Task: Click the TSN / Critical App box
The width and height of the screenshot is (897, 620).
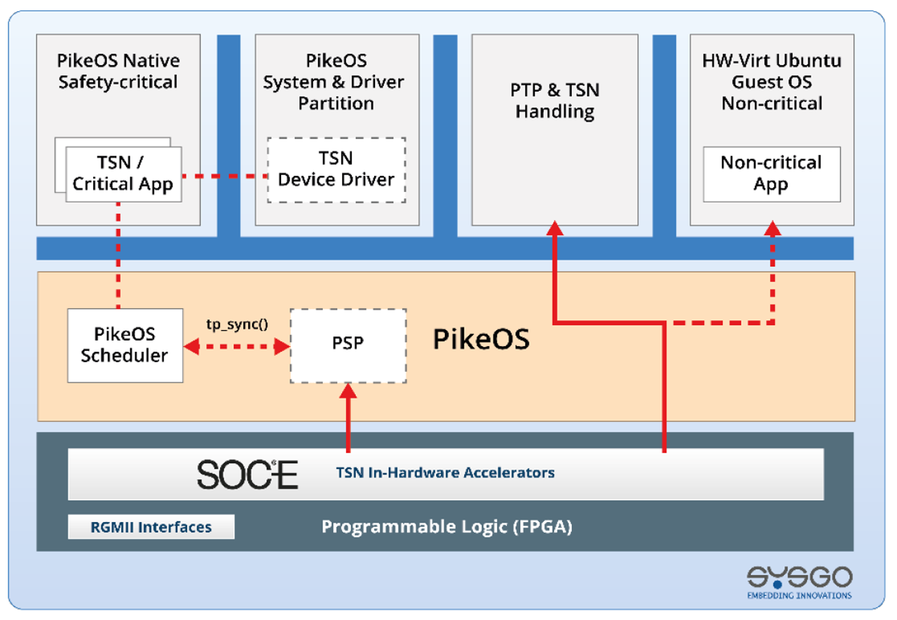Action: tap(123, 174)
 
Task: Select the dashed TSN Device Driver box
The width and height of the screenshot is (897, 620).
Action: tap(336, 170)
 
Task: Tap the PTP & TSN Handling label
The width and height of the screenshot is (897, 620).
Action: tap(555, 101)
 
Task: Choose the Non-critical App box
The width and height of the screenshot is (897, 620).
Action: tap(772, 174)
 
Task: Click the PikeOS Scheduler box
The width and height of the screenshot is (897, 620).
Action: tap(125, 345)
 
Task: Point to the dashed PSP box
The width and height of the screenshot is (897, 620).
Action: tap(348, 345)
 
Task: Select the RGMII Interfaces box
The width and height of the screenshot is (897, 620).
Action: tap(151, 527)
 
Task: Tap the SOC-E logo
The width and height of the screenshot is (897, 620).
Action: tap(247, 474)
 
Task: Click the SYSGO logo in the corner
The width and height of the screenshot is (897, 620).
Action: tap(799, 581)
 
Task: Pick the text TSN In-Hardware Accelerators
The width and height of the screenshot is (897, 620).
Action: tap(445, 473)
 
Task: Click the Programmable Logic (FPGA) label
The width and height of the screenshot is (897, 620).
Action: tap(446, 527)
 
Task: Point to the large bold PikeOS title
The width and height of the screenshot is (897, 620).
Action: tap(481, 339)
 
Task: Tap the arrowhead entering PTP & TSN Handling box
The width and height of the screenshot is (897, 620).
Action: tap(555, 228)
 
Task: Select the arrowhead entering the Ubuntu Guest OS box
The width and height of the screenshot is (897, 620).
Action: tap(773, 228)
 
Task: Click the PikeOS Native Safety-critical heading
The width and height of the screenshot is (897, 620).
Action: tap(118, 71)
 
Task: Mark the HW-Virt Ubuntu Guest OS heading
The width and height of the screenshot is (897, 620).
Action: tap(772, 82)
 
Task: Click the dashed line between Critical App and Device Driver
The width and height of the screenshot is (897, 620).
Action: tap(224, 176)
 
